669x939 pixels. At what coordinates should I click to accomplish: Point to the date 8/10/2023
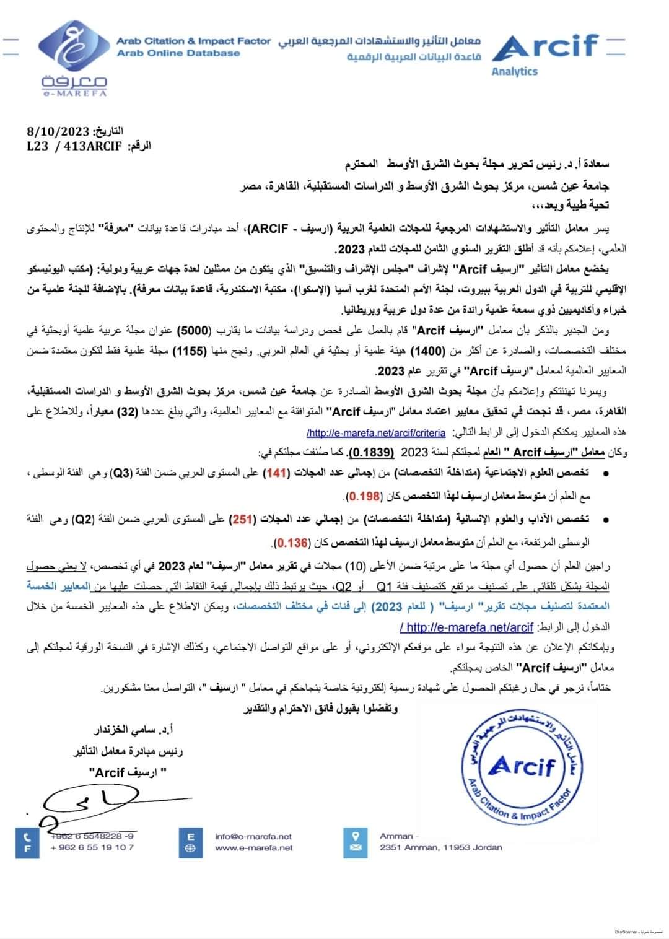pos(59,131)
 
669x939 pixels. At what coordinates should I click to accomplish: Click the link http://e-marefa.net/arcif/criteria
pos(376,432)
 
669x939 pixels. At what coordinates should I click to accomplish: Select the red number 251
pos(241,519)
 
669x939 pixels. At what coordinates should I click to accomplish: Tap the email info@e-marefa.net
pos(253,836)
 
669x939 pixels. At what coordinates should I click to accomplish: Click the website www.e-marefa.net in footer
pos(254,847)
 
